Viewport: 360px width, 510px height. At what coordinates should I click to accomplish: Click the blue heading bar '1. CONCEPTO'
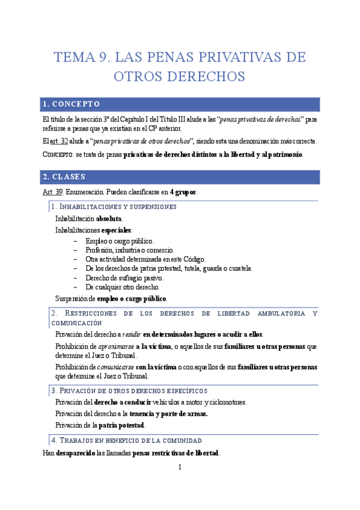click(180, 103)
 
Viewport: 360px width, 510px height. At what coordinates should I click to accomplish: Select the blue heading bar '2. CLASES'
click(180, 177)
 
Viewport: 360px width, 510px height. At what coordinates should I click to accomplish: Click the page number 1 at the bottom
click(179, 467)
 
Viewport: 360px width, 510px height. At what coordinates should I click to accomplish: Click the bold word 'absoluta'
click(109, 219)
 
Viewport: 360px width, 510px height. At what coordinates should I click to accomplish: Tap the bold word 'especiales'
click(116, 230)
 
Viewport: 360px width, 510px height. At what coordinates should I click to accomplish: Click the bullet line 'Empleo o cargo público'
click(120, 241)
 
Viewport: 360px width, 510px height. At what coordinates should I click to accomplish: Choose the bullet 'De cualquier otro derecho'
click(123, 287)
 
